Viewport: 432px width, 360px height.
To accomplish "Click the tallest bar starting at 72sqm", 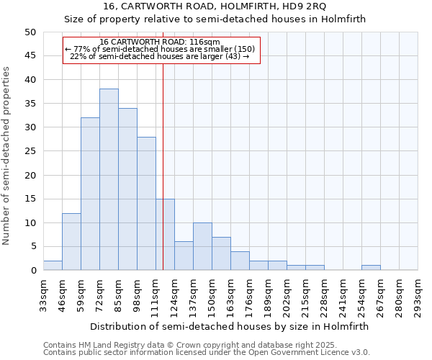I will (109, 179).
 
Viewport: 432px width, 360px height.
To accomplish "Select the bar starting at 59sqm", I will (90, 194).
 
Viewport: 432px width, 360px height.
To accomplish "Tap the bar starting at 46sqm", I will (71, 241).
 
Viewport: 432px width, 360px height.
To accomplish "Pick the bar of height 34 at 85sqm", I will (127, 189).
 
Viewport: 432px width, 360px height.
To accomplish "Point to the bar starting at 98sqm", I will (146, 203).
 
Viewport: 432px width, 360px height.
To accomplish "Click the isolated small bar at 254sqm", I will (371, 268).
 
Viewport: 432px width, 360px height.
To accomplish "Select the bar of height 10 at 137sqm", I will (202, 246).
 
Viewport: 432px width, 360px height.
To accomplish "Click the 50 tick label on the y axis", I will (30, 32).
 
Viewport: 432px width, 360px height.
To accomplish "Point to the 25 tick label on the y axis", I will (30, 151).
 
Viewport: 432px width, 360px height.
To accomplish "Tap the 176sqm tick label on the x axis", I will (249, 295).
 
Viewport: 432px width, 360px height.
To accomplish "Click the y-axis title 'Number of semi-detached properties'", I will (7, 155).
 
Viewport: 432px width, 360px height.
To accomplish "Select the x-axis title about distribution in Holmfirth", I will (230, 326).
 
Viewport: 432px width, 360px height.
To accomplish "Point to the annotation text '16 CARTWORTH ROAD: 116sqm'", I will (160, 42).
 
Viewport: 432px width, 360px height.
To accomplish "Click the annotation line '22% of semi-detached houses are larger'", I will (160, 57).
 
